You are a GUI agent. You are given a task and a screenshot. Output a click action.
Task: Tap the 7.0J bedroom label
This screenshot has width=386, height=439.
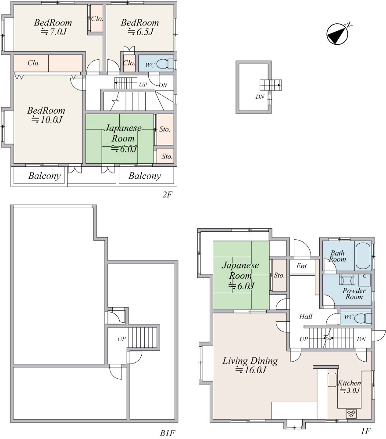pos(53,27)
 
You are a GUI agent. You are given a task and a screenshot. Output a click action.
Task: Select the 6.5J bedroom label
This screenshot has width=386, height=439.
pos(140,27)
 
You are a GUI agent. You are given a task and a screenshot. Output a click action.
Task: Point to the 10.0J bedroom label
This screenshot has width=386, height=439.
pos(46,115)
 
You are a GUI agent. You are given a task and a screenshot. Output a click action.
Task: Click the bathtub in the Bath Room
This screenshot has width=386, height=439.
pos(363,255)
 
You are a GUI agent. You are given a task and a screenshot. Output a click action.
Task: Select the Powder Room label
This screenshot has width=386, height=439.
pos(354,293)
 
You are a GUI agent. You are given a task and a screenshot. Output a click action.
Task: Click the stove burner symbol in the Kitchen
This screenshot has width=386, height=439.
pos(351,413)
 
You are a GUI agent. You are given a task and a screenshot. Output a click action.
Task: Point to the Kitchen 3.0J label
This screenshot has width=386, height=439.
pos(349,386)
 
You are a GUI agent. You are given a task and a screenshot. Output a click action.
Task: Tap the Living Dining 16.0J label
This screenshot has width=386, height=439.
pos(250,365)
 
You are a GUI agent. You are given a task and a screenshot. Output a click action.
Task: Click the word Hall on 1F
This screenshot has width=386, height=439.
pos(306,317)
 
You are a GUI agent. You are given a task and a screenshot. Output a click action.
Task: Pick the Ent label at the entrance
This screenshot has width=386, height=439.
pos(301,266)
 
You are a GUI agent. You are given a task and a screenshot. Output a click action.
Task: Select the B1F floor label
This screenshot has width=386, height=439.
pos(168,433)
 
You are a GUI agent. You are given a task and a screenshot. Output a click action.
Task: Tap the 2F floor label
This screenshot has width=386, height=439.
pos(167,194)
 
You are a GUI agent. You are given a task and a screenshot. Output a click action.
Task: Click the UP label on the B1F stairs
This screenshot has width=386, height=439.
pos(122,339)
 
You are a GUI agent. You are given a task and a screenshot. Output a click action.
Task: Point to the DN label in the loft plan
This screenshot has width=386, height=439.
pos(260,97)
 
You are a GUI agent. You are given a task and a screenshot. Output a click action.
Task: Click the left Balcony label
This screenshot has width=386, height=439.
pos(44,176)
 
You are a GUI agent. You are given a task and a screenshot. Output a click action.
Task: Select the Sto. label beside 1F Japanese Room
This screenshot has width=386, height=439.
pos(279,275)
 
